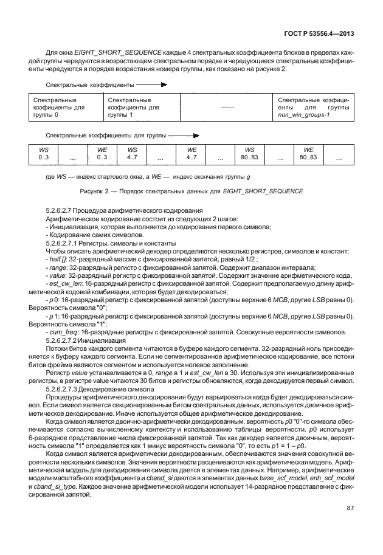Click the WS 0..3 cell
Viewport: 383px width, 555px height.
43,153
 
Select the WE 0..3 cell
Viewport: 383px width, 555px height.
102,153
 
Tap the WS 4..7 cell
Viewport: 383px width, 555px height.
132,153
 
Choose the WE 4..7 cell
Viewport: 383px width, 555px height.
191,153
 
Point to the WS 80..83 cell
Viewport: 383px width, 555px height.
249,153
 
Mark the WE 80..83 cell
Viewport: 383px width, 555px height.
308,153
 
